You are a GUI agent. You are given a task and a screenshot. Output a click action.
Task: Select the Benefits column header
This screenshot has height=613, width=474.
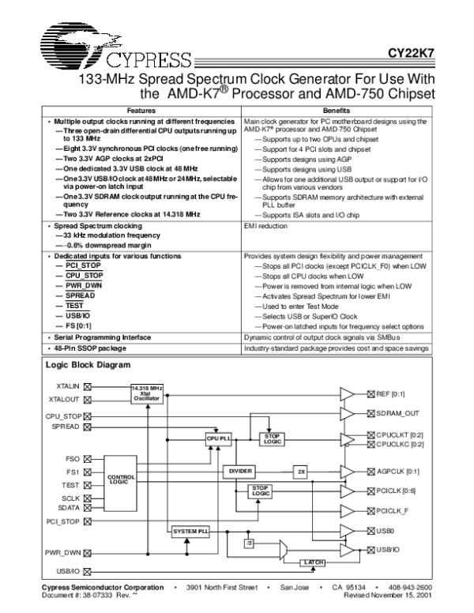click(x=337, y=111)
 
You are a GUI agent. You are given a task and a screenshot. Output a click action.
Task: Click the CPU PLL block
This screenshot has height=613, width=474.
click(x=219, y=437)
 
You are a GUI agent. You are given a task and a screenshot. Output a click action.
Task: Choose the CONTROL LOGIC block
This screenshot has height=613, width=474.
click(x=122, y=479)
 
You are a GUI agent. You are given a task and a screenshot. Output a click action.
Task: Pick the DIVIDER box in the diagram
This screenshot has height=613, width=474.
click(x=241, y=471)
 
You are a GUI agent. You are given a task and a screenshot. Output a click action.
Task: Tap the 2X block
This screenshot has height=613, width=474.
click(x=301, y=471)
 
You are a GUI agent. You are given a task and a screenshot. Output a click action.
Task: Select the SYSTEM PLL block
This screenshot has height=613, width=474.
click(x=190, y=532)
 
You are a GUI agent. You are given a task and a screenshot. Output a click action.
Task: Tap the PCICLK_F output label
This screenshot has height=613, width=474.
click(x=395, y=510)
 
